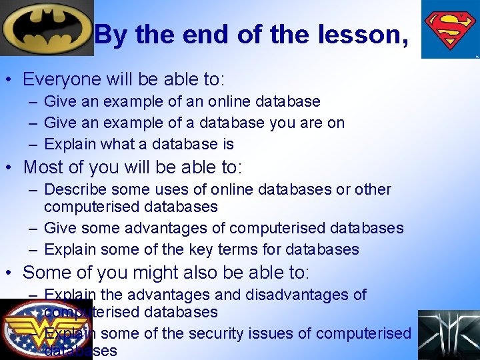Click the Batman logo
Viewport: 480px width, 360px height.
tap(47, 29)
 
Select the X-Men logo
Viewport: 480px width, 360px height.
tap(449, 335)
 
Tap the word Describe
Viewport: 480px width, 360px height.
tap(77, 190)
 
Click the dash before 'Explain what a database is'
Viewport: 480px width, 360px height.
tap(33, 145)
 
